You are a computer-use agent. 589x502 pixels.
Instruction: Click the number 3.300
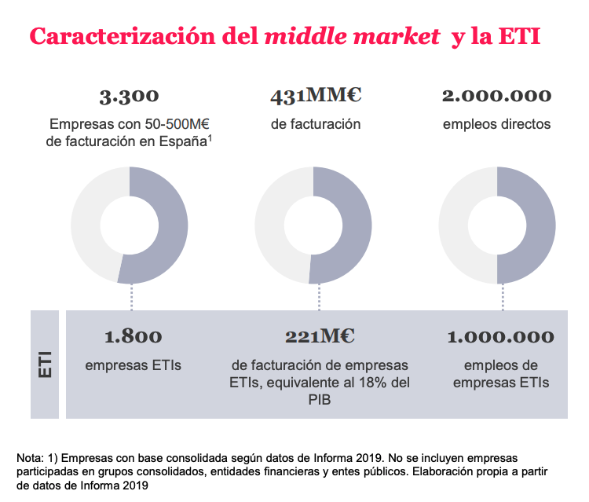pyautogui.click(x=129, y=97)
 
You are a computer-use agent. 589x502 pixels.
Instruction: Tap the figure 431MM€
pyautogui.click(x=315, y=97)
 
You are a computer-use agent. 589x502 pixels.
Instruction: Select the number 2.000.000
pyautogui.click(x=496, y=97)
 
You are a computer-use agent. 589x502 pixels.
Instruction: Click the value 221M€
pyautogui.click(x=320, y=337)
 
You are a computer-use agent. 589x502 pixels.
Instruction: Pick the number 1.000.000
pyautogui.click(x=500, y=337)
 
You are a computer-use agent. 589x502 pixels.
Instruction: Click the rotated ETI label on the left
pyautogui.click(x=45, y=364)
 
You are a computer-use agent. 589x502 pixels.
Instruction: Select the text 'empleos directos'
pyautogui.click(x=496, y=124)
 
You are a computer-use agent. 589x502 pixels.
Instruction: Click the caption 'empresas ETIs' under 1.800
pyautogui.click(x=133, y=365)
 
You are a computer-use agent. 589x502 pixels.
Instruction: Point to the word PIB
pyautogui.click(x=320, y=400)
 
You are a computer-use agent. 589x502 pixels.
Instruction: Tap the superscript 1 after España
pyautogui.click(x=212, y=138)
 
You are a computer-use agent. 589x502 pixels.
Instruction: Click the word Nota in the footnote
pyautogui.click(x=29, y=457)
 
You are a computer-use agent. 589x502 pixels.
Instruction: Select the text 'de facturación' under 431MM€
pyautogui.click(x=315, y=124)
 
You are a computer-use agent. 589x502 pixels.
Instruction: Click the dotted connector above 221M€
pyautogui.click(x=320, y=297)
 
